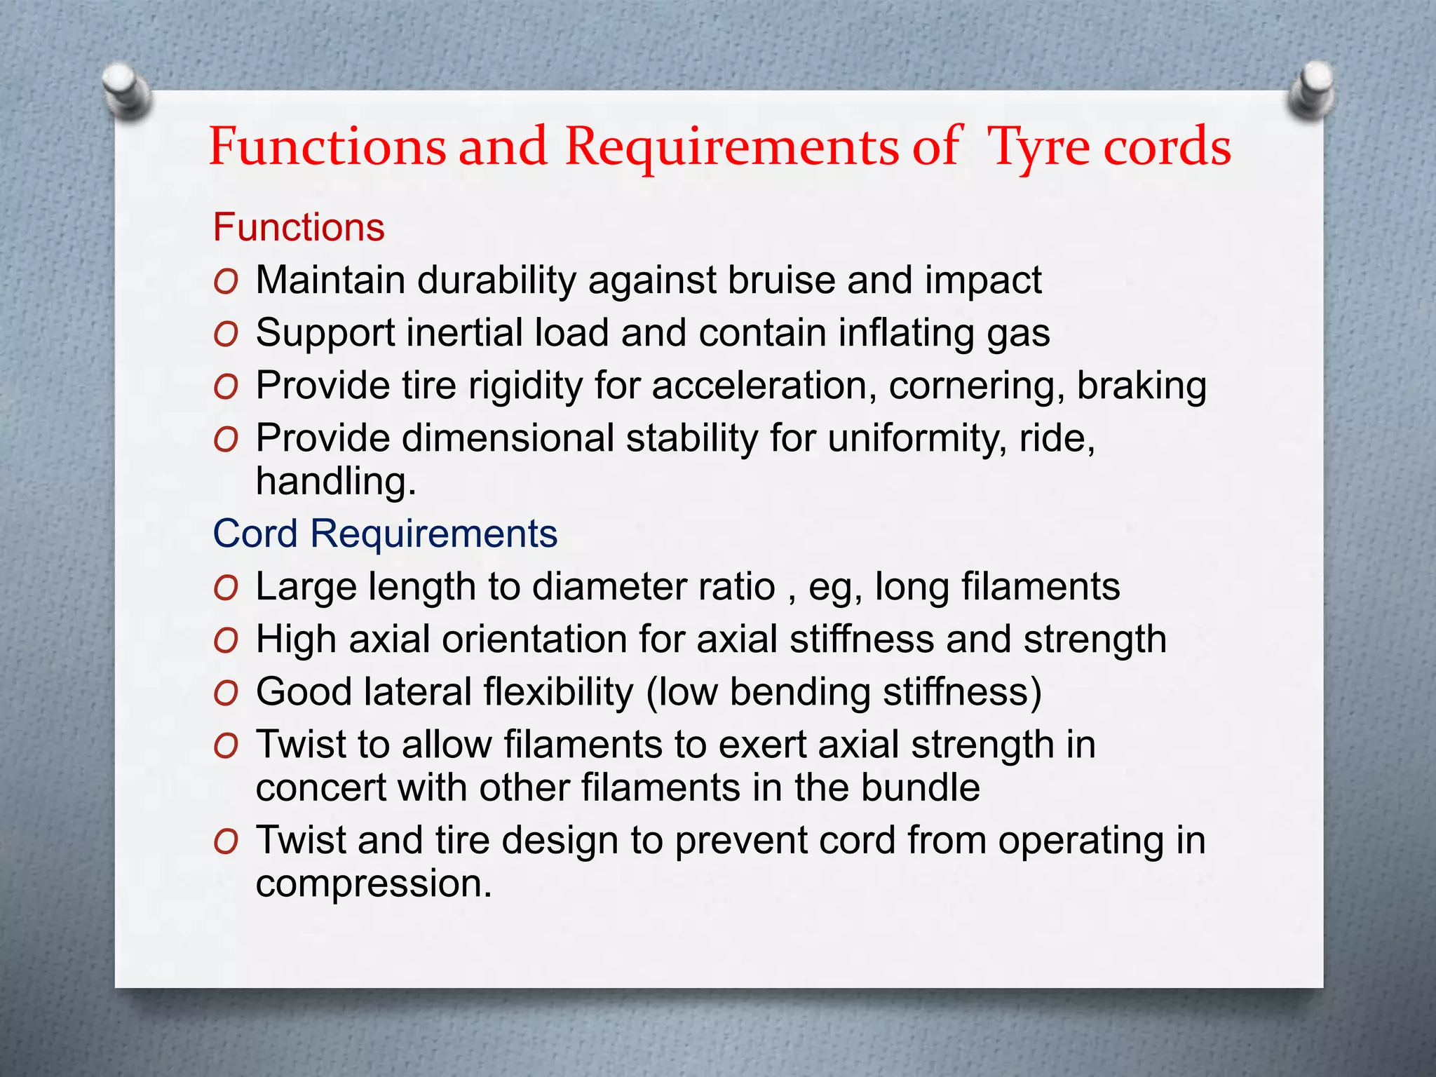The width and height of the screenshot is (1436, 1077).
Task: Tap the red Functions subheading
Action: click(x=299, y=228)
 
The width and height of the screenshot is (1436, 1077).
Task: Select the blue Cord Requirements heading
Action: click(x=385, y=534)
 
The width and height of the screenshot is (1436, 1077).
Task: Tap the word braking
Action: click(x=1142, y=386)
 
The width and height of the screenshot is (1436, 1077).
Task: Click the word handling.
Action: click(x=335, y=482)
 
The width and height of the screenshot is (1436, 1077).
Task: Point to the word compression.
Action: click(x=373, y=883)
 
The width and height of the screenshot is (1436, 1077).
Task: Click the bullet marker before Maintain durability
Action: click(x=226, y=282)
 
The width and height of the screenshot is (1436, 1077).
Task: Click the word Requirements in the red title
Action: click(x=731, y=148)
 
